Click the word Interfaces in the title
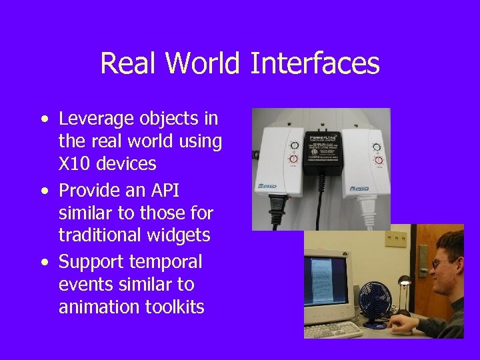(x=315, y=64)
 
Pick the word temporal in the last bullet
(x=169, y=261)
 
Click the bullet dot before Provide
(x=45, y=191)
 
